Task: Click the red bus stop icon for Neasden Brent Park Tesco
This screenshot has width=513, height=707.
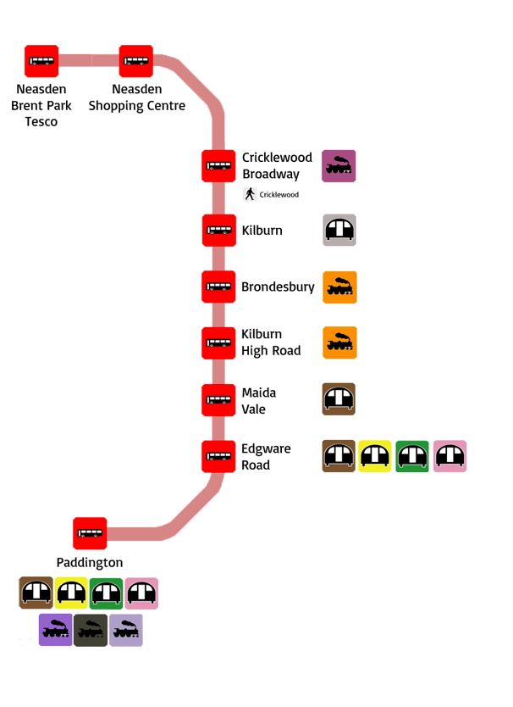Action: coord(41,61)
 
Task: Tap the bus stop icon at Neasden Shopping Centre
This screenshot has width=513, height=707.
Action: coord(135,61)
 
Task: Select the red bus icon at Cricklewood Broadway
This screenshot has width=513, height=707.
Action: coord(218,165)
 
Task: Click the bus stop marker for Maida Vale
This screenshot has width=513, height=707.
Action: coord(218,399)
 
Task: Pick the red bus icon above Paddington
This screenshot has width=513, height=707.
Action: coord(90,533)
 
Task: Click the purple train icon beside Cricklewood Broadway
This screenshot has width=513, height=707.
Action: coord(339,166)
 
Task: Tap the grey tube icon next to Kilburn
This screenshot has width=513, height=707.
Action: coord(339,230)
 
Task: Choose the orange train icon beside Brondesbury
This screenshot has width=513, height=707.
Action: coord(339,287)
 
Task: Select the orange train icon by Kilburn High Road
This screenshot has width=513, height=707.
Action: coord(339,342)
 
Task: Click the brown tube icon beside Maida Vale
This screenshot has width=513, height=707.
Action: coord(339,399)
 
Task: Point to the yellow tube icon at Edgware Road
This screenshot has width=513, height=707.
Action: coord(375,456)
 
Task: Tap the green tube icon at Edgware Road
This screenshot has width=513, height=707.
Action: coord(412,456)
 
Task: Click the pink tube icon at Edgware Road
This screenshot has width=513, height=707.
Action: coord(450,456)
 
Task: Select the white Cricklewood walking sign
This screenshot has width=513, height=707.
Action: coord(274,195)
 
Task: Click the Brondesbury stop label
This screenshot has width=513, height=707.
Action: coord(278,287)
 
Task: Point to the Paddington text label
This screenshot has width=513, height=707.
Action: coord(90,562)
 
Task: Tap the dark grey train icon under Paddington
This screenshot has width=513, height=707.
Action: coord(91,630)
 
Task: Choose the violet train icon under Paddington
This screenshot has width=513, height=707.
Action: coord(56,630)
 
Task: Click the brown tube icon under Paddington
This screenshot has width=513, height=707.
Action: coord(36,593)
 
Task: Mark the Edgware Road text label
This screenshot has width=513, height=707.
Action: coord(267,456)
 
